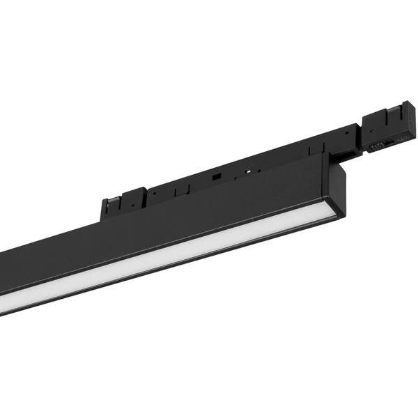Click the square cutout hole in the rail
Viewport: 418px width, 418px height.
click(217, 175)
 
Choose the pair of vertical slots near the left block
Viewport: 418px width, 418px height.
click(180, 187)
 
